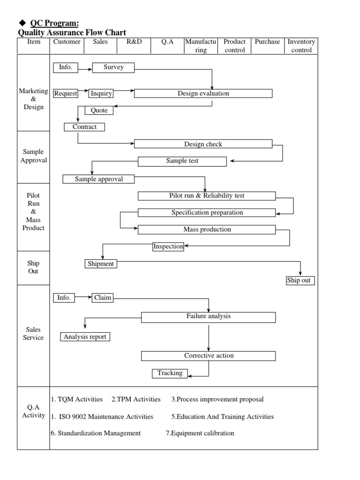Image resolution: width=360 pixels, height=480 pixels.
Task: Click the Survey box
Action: (113, 67)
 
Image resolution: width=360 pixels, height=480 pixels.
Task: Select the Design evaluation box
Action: (203, 93)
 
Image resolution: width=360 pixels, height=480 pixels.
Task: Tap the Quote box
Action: (99, 111)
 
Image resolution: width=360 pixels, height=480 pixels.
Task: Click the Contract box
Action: (84, 127)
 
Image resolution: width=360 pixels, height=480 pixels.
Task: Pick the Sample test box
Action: (182, 161)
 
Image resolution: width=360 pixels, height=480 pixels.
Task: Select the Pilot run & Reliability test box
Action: (207, 195)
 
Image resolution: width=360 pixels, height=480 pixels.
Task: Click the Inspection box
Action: (168, 247)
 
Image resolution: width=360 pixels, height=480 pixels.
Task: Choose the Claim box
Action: (102, 298)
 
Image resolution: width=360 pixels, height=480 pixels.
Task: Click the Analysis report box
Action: (85, 337)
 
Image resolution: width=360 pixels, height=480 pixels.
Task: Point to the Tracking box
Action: (170, 373)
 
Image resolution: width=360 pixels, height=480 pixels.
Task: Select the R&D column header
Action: (134, 42)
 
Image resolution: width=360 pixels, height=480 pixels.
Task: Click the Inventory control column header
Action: (301, 46)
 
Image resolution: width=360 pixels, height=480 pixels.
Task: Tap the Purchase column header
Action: (267, 42)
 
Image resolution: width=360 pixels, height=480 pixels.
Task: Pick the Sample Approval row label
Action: (33, 156)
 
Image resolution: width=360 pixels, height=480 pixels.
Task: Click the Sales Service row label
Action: (33, 334)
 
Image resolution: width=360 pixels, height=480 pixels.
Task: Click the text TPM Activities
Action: (136, 399)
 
